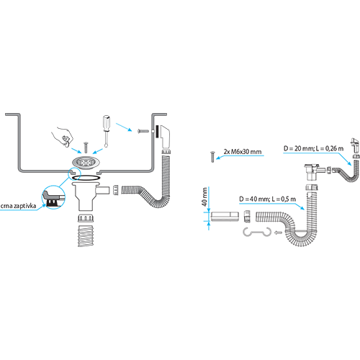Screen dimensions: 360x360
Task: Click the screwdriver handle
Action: click(x=107, y=122)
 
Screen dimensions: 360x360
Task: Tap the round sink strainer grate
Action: click(x=84, y=162)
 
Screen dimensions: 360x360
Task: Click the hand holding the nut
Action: click(x=63, y=136)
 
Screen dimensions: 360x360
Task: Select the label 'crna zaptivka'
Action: click(x=19, y=206)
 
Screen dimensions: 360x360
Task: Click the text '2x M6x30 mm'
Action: click(x=243, y=152)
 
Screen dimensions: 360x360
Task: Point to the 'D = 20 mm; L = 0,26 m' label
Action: click(x=313, y=148)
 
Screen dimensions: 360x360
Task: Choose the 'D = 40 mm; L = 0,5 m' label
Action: click(x=267, y=199)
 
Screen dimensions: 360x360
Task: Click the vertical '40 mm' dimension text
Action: click(x=204, y=197)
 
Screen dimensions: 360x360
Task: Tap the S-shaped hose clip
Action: click(x=257, y=232)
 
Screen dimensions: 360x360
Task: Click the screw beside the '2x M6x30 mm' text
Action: click(x=212, y=157)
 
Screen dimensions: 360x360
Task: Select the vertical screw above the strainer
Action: click(x=86, y=148)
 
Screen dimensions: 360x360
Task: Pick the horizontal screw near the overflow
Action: click(x=143, y=131)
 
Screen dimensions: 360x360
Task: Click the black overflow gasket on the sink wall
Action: click(x=157, y=132)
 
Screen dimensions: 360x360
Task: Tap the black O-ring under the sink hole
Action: click(x=86, y=177)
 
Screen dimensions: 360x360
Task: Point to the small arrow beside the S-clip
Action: click(x=279, y=233)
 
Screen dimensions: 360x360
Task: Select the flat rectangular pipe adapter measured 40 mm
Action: click(x=225, y=216)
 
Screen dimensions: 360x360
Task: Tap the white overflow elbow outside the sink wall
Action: click(x=165, y=136)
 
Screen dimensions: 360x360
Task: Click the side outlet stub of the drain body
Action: click(x=103, y=191)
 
